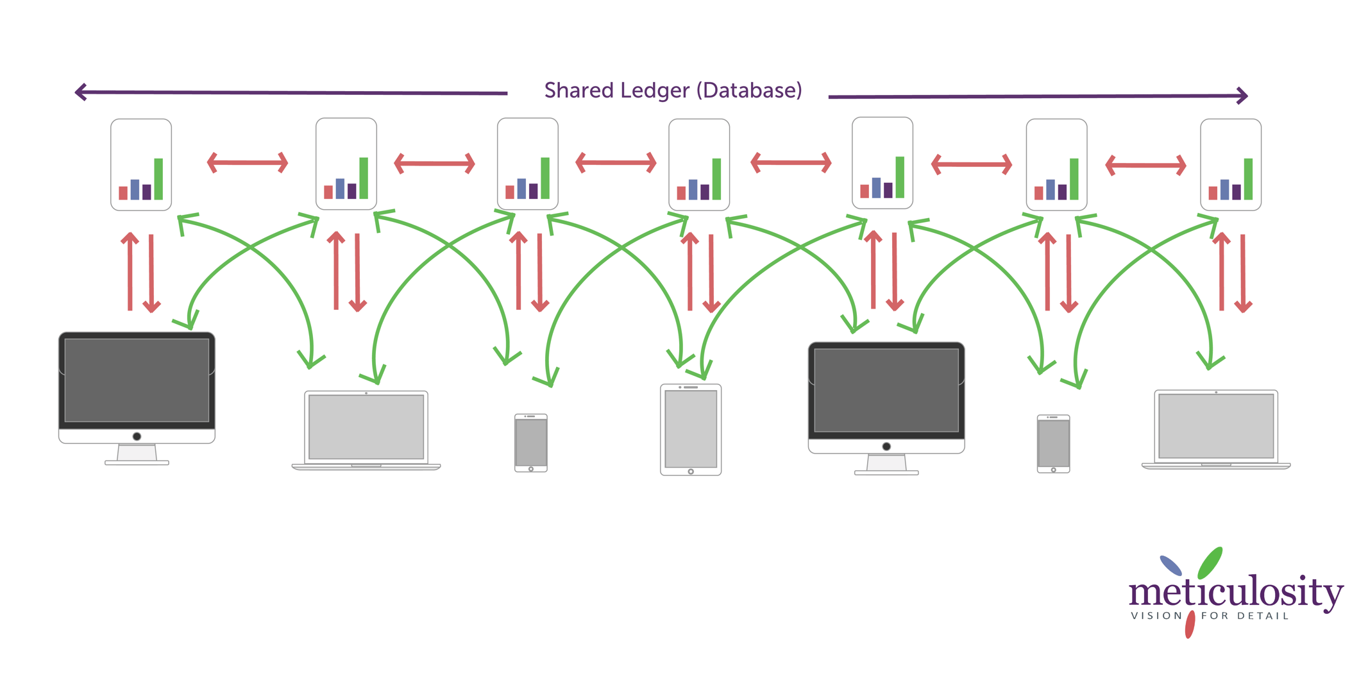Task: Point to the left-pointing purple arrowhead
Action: (80, 92)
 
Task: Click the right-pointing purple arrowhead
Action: (1242, 96)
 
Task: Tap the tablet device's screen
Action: (691, 429)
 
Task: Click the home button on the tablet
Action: (691, 472)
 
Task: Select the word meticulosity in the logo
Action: (1236, 592)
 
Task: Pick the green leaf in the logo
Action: (1210, 563)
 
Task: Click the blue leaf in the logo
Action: (1170, 565)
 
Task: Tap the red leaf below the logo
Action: (1190, 625)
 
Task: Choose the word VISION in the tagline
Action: (1156, 616)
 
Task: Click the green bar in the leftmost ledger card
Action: (158, 179)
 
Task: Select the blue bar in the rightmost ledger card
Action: (1225, 190)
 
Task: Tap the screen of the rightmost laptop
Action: (1216, 426)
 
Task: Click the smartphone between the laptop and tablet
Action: (531, 443)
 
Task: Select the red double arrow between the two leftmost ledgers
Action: (248, 162)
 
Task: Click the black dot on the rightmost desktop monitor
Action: (886, 446)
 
